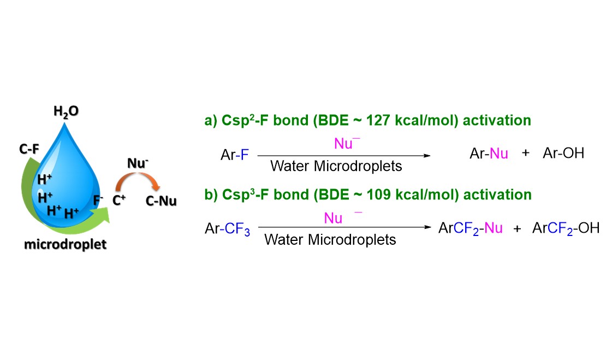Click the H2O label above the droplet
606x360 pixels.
tap(66, 111)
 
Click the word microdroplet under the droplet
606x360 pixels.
tap(65, 244)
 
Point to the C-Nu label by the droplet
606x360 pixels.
tap(162, 202)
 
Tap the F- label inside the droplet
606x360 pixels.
tap(98, 200)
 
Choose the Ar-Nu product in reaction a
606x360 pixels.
tap(489, 154)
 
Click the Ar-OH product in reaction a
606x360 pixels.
tap(563, 154)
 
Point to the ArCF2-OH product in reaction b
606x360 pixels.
tap(566, 228)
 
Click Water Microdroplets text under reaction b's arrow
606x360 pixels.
tap(330, 240)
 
